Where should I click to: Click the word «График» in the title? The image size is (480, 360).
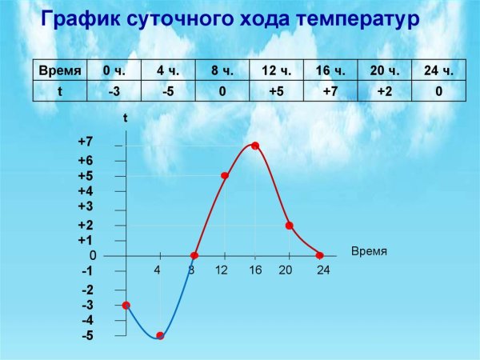(x=79, y=19)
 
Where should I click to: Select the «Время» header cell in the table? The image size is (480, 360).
(x=60, y=71)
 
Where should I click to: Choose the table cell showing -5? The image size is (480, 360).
(x=168, y=91)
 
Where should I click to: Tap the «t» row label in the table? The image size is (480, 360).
(x=60, y=91)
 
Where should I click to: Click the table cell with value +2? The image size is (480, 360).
(x=384, y=91)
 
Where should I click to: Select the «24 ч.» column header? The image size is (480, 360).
(x=438, y=71)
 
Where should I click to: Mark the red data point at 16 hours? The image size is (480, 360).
(x=255, y=146)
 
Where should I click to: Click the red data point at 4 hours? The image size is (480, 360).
(x=160, y=336)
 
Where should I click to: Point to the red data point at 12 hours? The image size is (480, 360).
(x=225, y=175)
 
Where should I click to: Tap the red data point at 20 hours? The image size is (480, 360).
(x=289, y=226)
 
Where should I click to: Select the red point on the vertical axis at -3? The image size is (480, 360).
(x=126, y=305)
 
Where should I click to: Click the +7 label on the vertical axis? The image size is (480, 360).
(x=86, y=142)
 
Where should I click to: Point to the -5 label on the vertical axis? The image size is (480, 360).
(x=87, y=336)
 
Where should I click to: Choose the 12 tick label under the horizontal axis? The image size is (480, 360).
(x=222, y=270)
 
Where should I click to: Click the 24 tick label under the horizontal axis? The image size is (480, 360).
(x=323, y=270)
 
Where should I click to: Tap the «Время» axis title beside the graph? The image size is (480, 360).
(x=369, y=251)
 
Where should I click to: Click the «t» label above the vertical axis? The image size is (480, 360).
(x=126, y=118)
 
